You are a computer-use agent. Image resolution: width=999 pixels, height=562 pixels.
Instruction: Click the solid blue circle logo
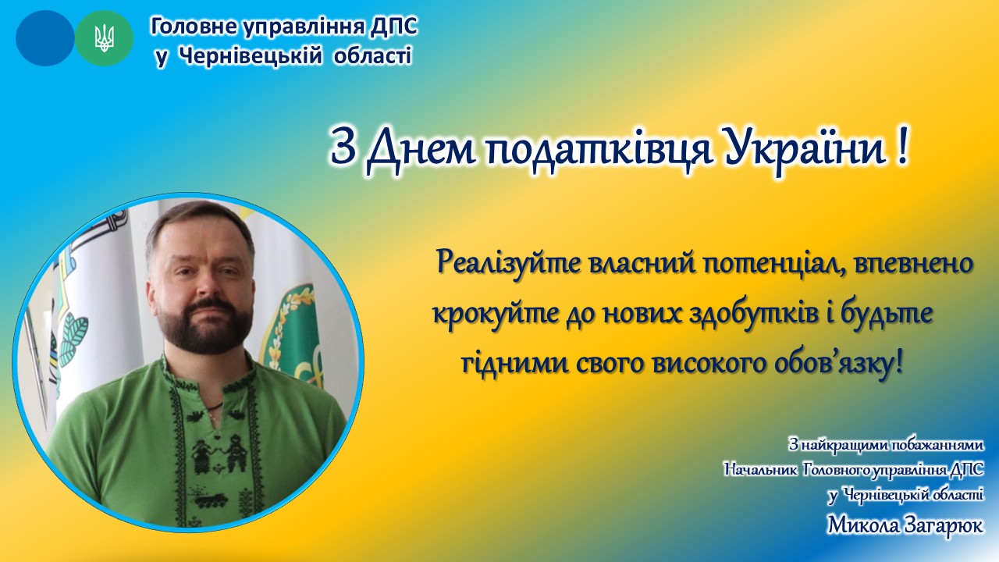click(45, 38)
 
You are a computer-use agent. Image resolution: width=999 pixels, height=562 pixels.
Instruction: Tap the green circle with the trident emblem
click(105, 38)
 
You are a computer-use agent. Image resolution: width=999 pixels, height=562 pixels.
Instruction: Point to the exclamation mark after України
click(901, 151)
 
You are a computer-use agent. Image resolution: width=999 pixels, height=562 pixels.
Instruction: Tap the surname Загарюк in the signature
click(938, 525)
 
